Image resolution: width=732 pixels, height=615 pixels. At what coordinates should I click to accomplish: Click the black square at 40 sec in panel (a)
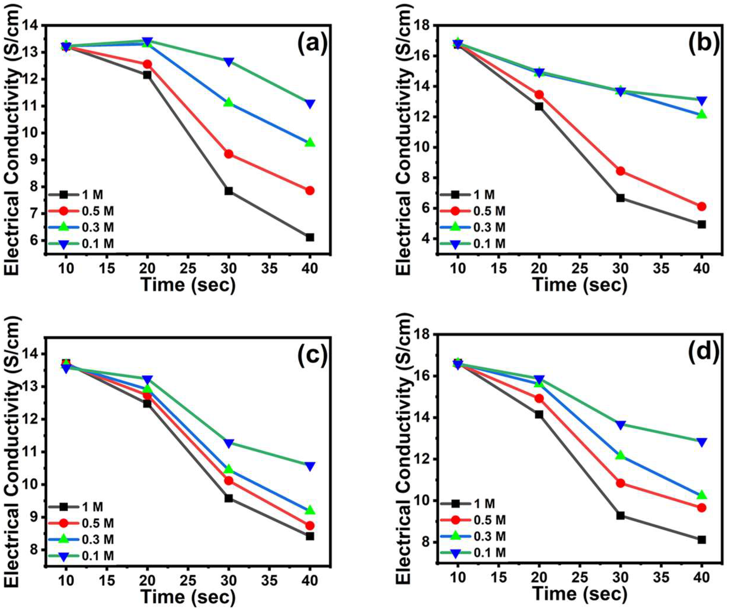point(310,238)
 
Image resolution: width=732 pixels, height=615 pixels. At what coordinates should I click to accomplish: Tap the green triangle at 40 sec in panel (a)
point(310,143)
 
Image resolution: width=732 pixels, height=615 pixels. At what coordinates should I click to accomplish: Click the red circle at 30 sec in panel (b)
point(620,171)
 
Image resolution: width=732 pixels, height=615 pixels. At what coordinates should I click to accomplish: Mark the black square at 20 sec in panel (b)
point(539,106)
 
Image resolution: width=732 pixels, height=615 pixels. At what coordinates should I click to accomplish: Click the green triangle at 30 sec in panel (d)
point(620,455)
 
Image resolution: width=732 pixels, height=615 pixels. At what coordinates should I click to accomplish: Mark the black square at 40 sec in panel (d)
point(702,540)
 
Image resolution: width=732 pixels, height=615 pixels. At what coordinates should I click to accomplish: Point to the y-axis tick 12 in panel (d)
point(420,459)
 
